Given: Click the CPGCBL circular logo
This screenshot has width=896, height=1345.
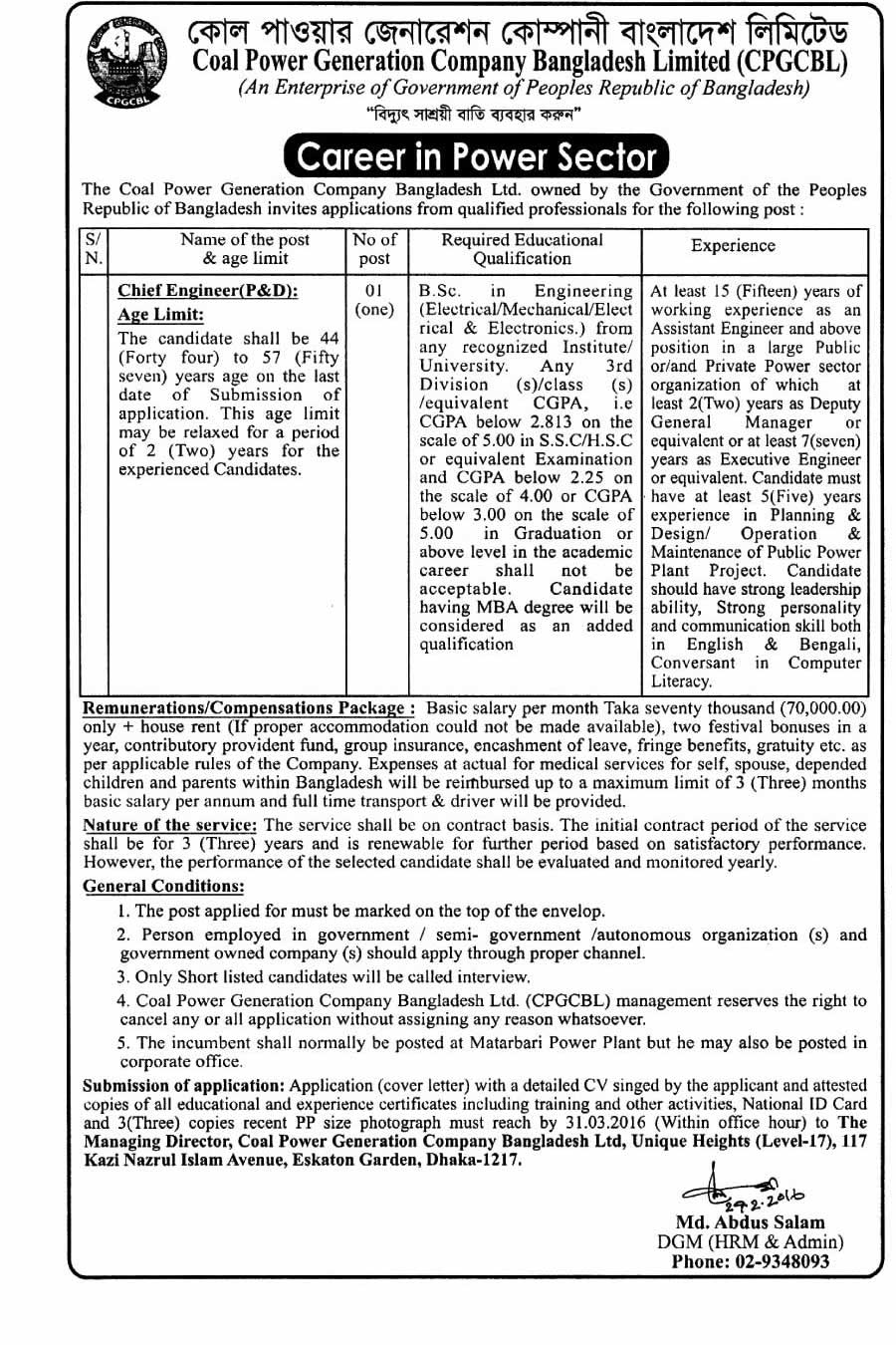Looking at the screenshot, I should click(121, 62).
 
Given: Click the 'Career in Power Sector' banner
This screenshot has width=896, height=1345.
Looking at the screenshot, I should click(477, 156).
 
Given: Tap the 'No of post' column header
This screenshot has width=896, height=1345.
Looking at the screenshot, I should click(374, 248).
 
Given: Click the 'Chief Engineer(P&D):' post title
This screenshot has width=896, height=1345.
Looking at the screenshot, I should click(207, 291).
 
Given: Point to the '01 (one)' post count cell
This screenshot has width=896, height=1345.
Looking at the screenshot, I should click(374, 300).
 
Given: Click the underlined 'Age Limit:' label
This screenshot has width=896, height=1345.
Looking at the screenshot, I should click(161, 315).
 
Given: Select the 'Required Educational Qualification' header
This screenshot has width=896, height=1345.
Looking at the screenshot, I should click(522, 248).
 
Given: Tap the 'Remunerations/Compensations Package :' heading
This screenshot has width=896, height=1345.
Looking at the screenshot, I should click(249, 708).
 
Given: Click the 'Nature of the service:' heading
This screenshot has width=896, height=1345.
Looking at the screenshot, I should click(170, 825).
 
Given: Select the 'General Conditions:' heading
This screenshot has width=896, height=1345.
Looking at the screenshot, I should click(163, 886).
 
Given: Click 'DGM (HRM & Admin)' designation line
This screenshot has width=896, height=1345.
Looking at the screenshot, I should click(751, 1242).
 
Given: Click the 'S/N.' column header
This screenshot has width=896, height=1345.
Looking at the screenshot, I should click(93, 248).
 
